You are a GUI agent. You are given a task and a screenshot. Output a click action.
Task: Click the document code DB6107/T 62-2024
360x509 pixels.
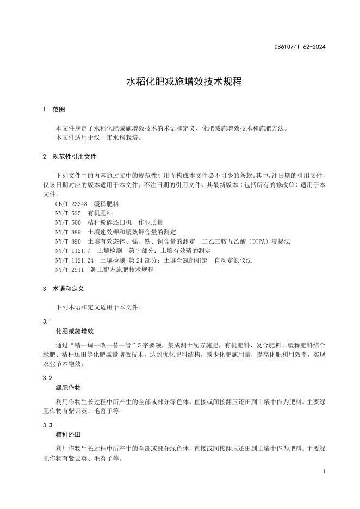tap(300, 48)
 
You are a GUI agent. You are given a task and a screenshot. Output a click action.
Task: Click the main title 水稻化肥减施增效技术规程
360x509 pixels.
tap(184, 82)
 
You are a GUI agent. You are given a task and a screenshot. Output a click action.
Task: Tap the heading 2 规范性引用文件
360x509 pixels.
tap(69, 157)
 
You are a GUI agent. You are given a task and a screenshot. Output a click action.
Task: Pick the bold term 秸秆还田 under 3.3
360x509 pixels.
tap(68, 434)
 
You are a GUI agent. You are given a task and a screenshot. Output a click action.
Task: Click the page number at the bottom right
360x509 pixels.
tap(324, 471)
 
